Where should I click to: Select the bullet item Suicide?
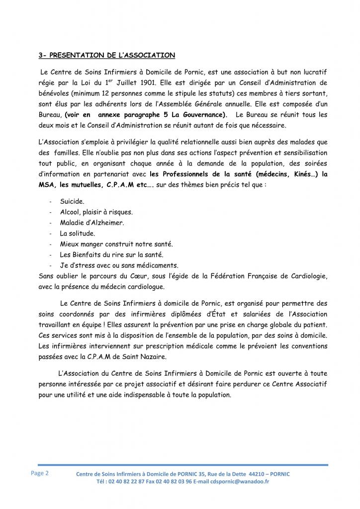pyautogui.click(x=73, y=202)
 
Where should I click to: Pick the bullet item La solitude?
pyautogui.click(x=78, y=233)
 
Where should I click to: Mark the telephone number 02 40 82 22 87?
pyautogui.click(x=124, y=482)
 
